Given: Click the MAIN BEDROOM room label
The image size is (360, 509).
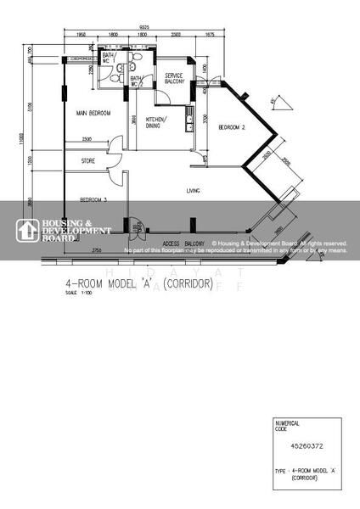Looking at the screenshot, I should [x=94, y=113].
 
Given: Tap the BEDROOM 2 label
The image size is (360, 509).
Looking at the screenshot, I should [x=232, y=127].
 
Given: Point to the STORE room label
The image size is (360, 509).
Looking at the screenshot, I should [x=88, y=160].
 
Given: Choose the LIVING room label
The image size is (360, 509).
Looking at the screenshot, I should [x=193, y=192].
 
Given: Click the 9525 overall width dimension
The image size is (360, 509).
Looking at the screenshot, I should [x=170, y=27].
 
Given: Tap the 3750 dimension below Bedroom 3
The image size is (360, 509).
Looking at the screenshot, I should [x=97, y=249].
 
